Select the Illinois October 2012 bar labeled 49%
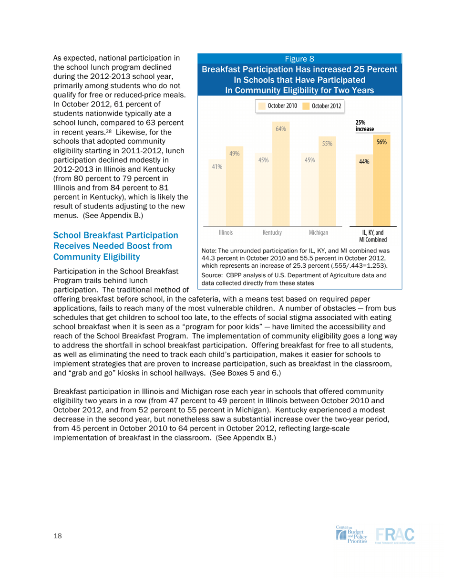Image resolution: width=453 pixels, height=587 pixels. [x=234, y=186]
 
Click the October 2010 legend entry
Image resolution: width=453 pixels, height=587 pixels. [x=278, y=105]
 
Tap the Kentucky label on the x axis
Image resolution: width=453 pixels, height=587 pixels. [x=272, y=232]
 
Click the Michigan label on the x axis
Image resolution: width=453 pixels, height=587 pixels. [x=318, y=232]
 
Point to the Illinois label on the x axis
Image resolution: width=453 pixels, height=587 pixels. [x=226, y=232]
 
